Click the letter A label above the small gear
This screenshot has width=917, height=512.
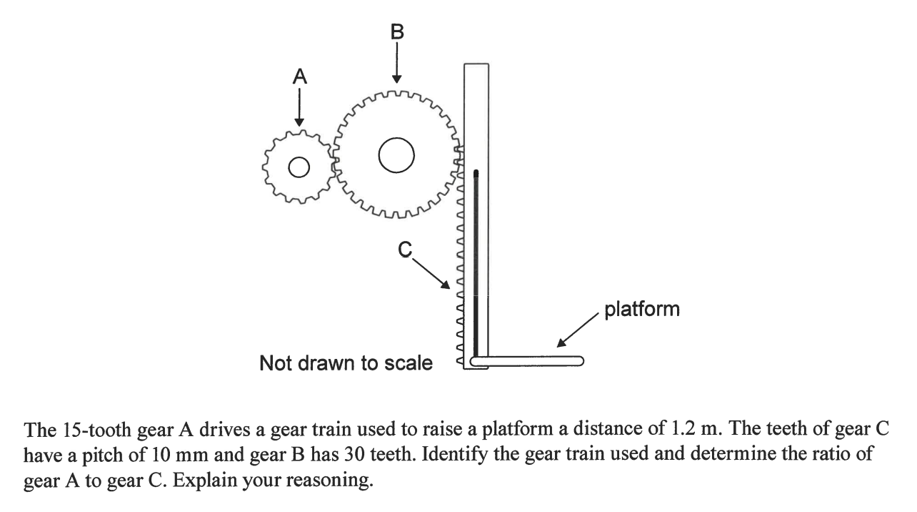(300, 77)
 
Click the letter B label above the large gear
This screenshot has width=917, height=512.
(398, 31)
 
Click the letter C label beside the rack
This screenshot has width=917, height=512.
(405, 249)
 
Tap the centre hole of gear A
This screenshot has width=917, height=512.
(299, 167)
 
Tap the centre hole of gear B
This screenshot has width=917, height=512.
(396, 156)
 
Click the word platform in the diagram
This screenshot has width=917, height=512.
(642, 310)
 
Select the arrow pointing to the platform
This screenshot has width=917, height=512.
(576, 333)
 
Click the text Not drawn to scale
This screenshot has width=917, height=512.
(346, 363)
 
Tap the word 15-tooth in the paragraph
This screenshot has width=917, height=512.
(83, 430)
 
